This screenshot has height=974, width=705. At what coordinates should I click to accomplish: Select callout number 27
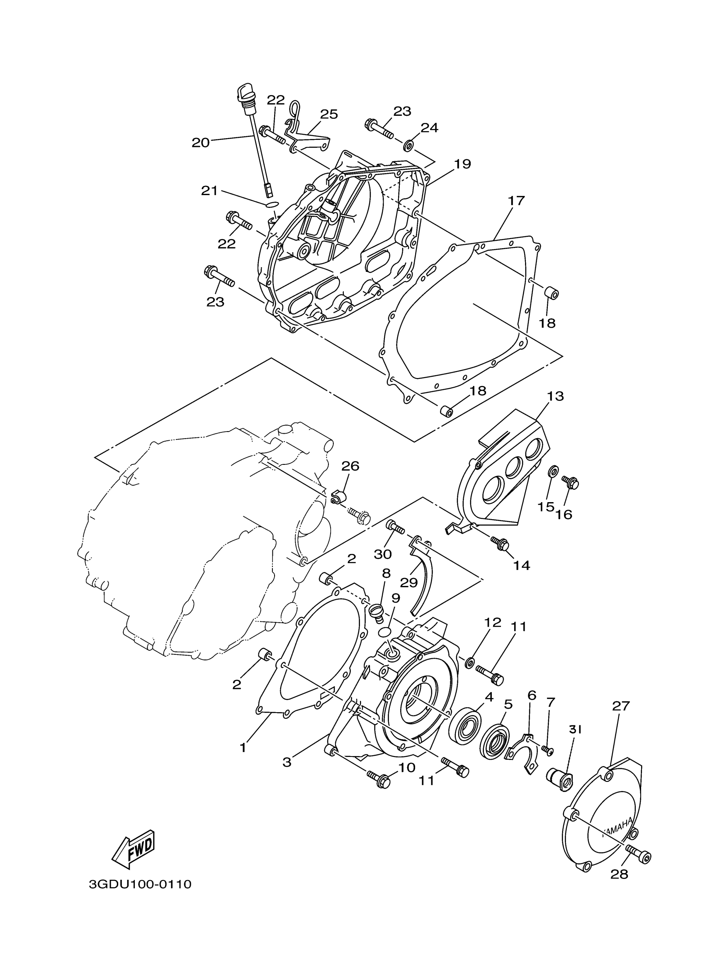coord(620,705)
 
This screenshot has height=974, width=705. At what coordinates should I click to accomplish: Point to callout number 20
coord(200,142)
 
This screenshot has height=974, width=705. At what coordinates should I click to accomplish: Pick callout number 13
coord(555,396)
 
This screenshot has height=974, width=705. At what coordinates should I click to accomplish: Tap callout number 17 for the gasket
coord(516,200)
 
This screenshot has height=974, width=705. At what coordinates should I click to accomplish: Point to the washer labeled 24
coord(408,145)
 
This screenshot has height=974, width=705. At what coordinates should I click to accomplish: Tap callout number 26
coord(350,466)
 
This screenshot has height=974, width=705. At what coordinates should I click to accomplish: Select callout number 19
coord(462,164)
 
